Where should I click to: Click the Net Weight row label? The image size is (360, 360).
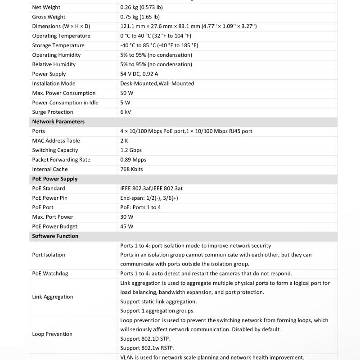(x=46, y=7)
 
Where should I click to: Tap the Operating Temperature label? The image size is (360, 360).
(x=61, y=36)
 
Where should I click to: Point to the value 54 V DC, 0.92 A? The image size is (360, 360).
(x=139, y=74)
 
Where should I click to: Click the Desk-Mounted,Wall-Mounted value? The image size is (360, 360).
(x=157, y=84)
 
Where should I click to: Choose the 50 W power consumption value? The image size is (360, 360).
(x=127, y=93)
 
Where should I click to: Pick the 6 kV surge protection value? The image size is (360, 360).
(x=126, y=112)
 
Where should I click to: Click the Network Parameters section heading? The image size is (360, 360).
(x=58, y=121)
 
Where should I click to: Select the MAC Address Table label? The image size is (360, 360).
(x=56, y=141)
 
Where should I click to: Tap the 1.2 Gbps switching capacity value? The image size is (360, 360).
(x=131, y=150)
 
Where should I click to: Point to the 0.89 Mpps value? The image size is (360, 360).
(x=133, y=160)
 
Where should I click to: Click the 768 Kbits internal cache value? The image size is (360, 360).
(x=131, y=169)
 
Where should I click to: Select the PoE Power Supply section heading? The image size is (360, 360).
(x=54, y=179)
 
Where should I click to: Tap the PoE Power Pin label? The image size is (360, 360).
(x=49, y=198)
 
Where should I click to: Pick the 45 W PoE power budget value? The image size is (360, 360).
(x=127, y=227)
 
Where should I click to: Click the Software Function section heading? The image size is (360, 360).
(x=55, y=236)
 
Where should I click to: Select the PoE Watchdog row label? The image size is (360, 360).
(x=49, y=274)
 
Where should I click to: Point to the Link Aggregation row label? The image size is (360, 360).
(x=52, y=297)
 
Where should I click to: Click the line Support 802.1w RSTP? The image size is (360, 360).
(x=147, y=348)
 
